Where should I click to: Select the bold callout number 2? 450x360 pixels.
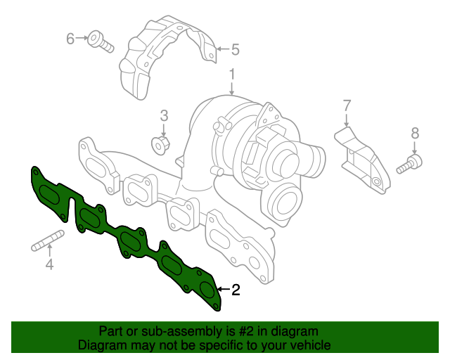pos(236,290)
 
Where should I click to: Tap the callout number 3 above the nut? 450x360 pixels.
pos(164,116)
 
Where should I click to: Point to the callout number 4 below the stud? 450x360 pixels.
pos(49,264)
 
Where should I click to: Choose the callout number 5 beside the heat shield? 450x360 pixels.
pos(235,49)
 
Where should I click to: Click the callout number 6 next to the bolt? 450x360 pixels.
pos(70,39)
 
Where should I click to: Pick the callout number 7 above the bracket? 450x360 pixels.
pos(347,105)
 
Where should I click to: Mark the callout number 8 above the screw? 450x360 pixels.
pos(415,133)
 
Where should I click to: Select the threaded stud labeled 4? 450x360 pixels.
pos(48,240)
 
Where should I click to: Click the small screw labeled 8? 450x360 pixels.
pos(409,164)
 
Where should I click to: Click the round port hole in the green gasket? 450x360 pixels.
pos(207,290)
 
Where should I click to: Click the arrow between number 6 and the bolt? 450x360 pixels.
pos(82,38)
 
